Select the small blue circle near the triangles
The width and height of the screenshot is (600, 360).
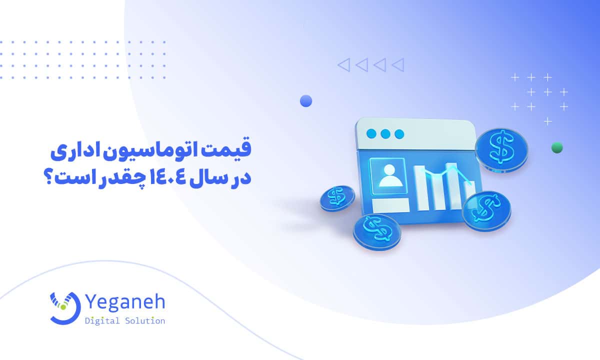tap(306, 101)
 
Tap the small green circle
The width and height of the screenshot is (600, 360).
tap(556, 147)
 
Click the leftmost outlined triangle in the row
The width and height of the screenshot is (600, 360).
tap(343, 64)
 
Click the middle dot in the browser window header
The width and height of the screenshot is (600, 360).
tap(384, 134)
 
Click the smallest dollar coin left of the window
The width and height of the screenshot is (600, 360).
tap(337, 198)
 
